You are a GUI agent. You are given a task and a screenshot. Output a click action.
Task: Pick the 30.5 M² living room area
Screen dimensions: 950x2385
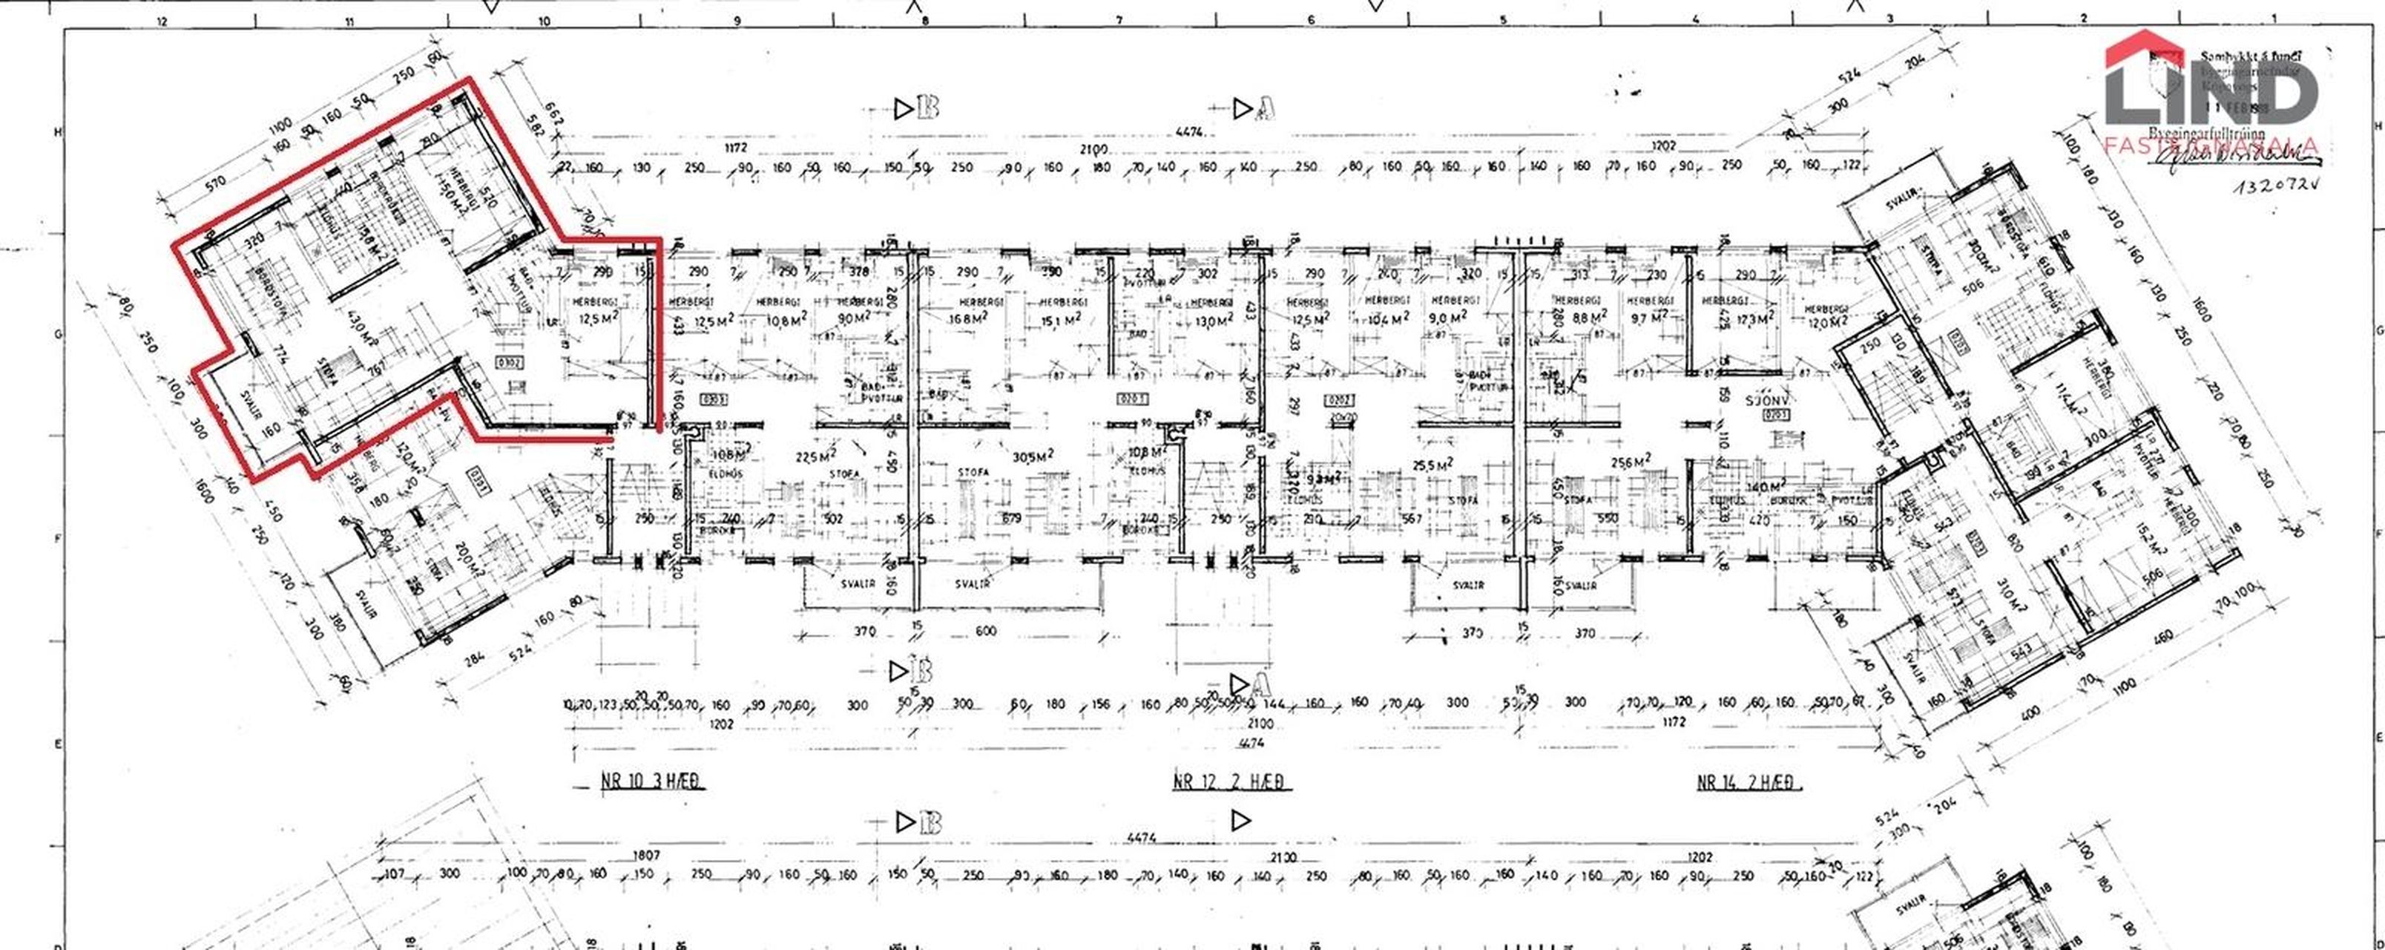(x=1034, y=456)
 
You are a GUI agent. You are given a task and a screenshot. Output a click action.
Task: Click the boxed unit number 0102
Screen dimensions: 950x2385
(x=510, y=362)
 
